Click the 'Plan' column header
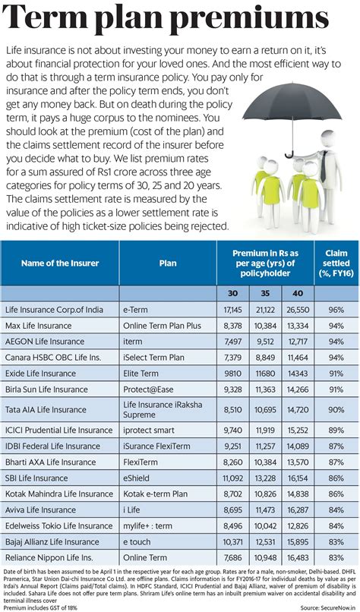(168, 263)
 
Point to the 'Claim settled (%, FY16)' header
(335, 263)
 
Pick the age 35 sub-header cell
(266, 292)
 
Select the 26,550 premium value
(298, 311)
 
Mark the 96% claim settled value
(336, 311)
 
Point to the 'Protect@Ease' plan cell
(149, 389)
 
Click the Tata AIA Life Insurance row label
(46, 409)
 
